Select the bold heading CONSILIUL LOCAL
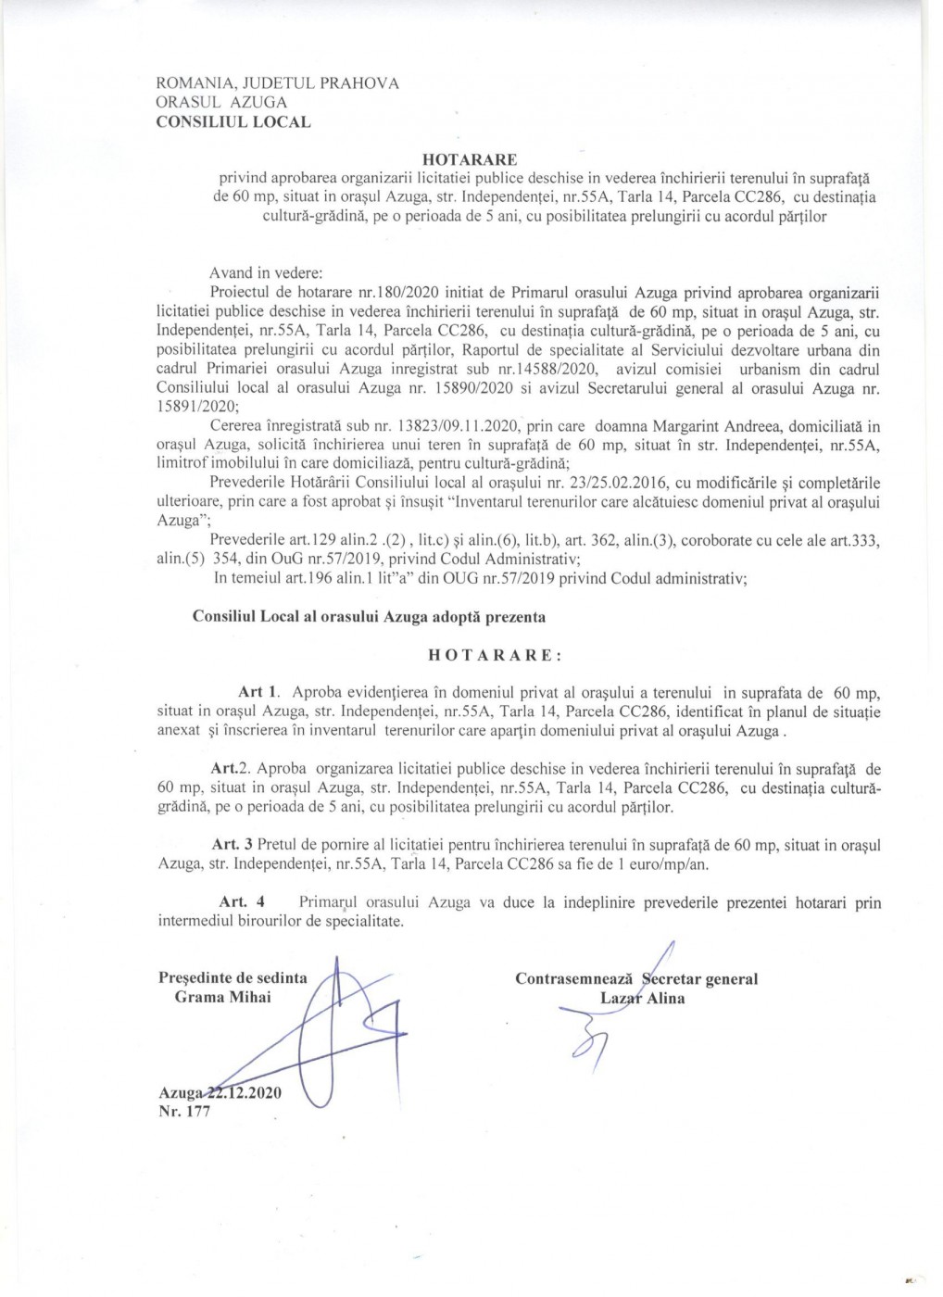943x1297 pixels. point(234,121)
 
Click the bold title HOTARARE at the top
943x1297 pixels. point(470,158)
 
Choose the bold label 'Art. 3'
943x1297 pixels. point(233,844)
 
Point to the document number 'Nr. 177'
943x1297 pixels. point(185,1112)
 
